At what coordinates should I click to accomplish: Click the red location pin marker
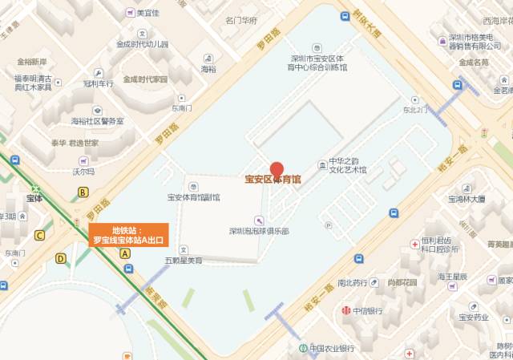(277, 170)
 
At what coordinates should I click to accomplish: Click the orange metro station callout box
(128, 234)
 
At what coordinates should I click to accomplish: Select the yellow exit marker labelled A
(125, 253)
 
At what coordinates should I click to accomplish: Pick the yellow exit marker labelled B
(83, 192)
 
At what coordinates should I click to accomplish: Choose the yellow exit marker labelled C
(39, 235)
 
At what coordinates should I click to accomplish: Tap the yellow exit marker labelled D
(61, 258)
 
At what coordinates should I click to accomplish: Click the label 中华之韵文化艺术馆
(347, 165)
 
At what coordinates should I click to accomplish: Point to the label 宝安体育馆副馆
(193, 196)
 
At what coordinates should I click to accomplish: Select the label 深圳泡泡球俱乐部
(258, 231)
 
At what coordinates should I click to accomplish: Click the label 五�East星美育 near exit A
(184, 261)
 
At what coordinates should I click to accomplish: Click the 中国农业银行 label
(332, 349)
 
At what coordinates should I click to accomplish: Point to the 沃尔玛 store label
(83, 171)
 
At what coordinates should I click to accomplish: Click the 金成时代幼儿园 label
(142, 44)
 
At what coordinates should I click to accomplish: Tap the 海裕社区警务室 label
(97, 121)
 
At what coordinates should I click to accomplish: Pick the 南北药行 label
(352, 282)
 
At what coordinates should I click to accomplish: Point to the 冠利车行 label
(100, 83)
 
